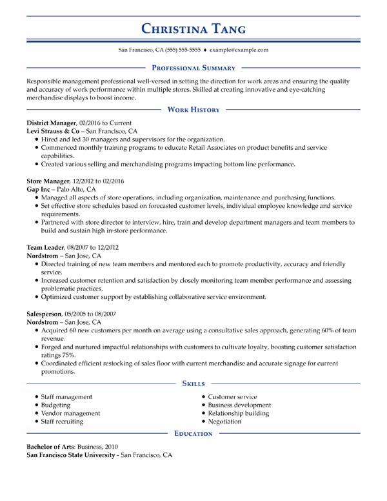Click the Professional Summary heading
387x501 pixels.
click(193, 67)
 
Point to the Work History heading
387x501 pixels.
click(193, 110)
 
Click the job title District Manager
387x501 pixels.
click(52, 122)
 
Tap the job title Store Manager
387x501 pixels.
click(48, 181)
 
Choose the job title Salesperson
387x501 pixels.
click(46, 313)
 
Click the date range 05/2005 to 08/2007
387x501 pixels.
click(91, 313)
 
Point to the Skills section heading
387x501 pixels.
click(193, 383)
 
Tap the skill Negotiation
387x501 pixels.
click(224, 422)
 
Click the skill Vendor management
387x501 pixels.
click(70, 413)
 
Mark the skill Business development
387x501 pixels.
click(239, 405)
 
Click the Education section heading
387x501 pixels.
click(193, 434)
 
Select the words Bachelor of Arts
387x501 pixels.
click(51, 446)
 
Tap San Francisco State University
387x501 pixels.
click(70, 455)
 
